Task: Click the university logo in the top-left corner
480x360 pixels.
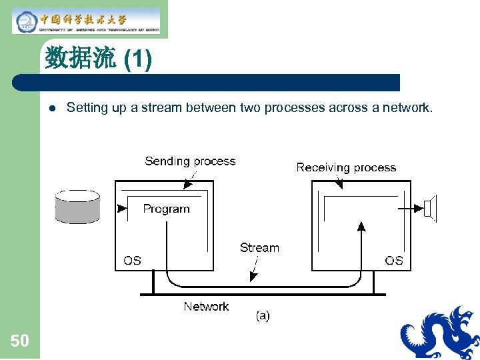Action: (87, 21)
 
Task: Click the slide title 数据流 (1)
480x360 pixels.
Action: (99, 60)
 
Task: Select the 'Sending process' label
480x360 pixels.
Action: (190, 161)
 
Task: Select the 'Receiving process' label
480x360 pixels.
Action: (346, 167)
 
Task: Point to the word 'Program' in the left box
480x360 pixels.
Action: (166, 209)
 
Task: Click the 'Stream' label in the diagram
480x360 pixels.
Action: (259, 247)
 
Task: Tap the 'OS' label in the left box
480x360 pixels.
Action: (132, 260)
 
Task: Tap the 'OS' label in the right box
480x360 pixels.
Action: (394, 260)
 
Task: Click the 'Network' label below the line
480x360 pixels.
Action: (206, 306)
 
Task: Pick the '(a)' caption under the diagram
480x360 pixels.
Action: (263, 316)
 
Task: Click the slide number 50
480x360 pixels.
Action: (19, 341)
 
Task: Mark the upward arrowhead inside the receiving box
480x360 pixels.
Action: (362, 228)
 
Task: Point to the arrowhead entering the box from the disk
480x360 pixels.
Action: (121, 208)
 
